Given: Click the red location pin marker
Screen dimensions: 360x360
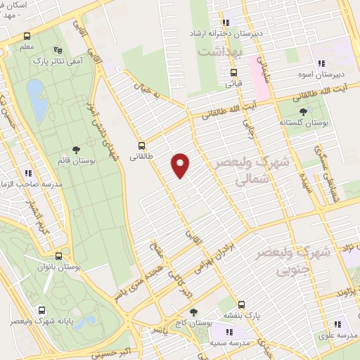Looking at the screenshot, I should click(181, 165).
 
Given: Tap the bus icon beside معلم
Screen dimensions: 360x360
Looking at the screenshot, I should click(27, 37).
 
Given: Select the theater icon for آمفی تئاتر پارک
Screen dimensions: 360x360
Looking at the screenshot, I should click(58, 51).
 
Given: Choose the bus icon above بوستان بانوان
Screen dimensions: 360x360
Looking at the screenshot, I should click(58, 257).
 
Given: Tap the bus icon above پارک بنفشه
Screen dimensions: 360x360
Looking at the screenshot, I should click(242, 304).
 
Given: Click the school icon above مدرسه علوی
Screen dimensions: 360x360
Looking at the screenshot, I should click(338, 324).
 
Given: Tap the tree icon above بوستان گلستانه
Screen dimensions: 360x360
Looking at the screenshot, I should click(303, 111).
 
